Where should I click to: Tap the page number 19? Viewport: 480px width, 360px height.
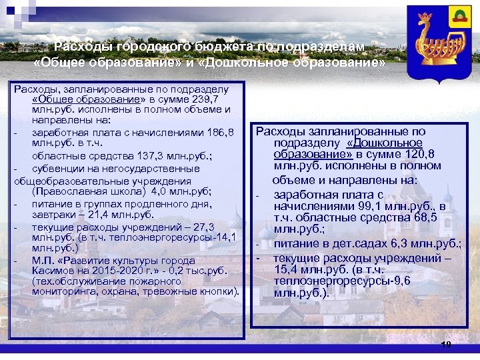(446, 344)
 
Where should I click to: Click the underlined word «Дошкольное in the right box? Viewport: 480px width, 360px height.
(385, 143)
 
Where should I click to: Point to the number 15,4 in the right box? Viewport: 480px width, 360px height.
(286, 269)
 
